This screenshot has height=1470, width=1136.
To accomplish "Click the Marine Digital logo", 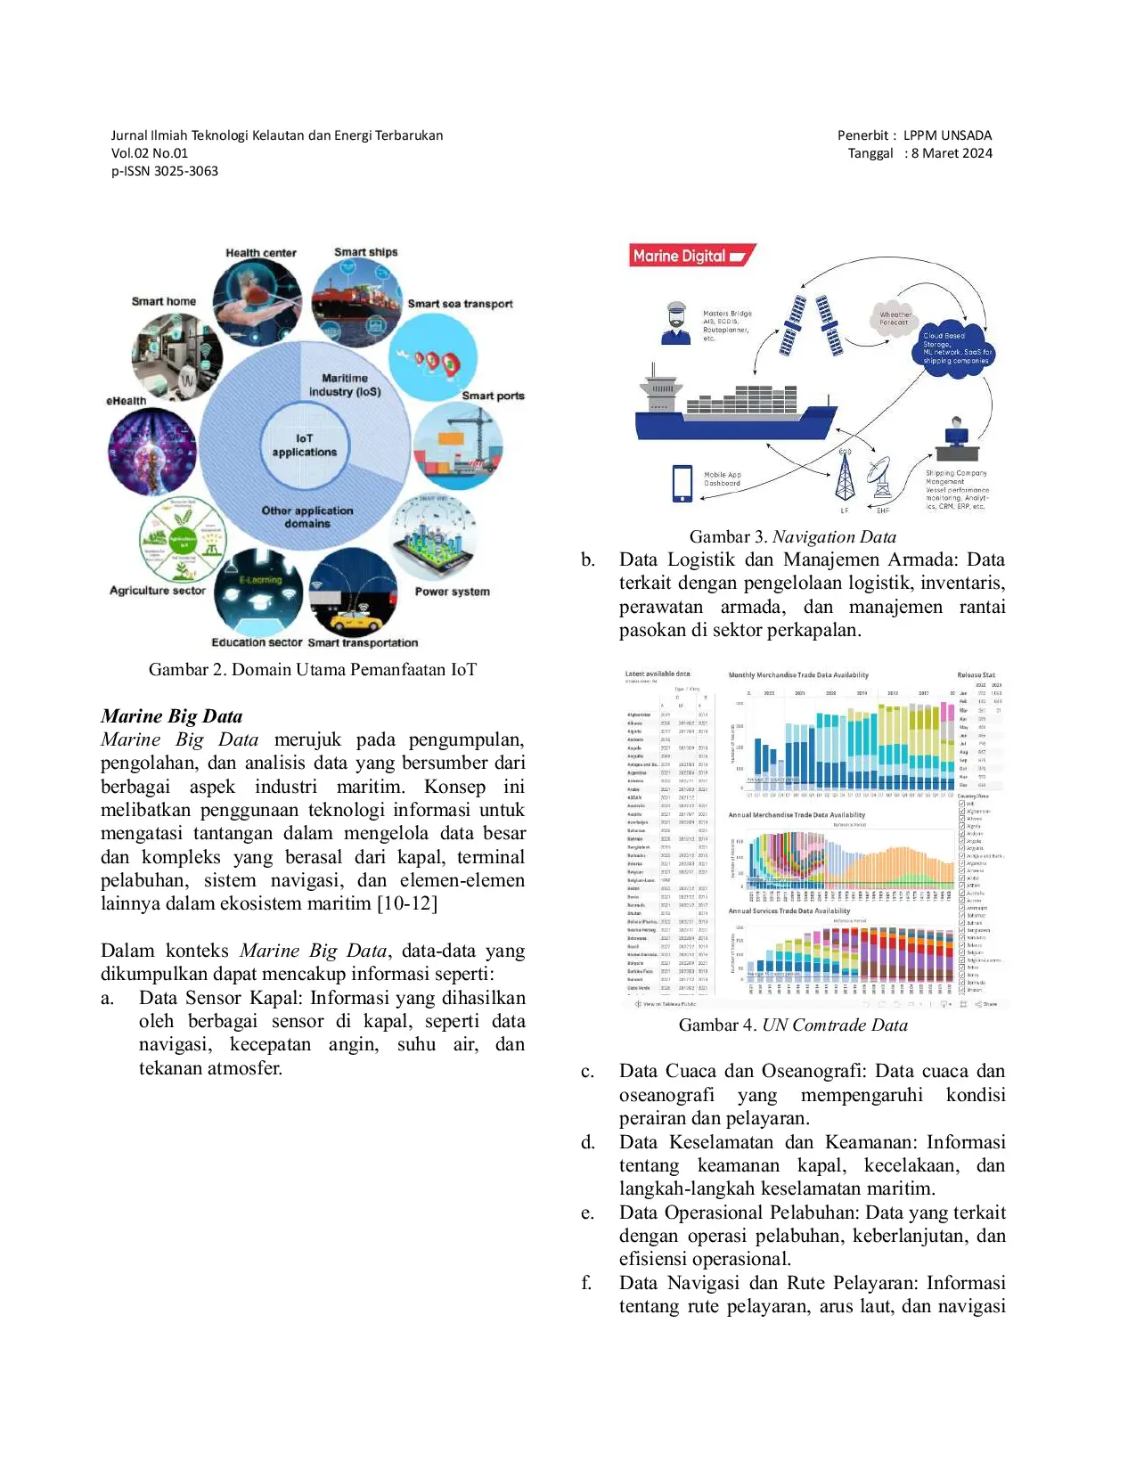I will (x=691, y=256).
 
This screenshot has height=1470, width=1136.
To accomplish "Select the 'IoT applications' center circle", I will (x=305, y=445).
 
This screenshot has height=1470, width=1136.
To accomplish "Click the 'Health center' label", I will (x=260, y=253).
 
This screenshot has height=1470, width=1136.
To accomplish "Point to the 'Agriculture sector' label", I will (x=158, y=591).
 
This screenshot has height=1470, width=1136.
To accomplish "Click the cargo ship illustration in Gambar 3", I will (x=735, y=406).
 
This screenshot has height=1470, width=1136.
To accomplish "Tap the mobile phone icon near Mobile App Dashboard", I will (x=682, y=483).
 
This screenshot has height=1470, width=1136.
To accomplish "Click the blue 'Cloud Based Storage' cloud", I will (x=955, y=348).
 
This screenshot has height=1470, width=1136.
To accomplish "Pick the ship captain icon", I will (x=676, y=323).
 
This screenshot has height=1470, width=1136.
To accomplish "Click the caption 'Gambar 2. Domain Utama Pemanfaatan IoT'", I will (x=312, y=670).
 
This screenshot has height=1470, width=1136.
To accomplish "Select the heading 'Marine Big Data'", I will (x=172, y=716).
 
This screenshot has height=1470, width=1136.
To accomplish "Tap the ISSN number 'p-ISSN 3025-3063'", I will (x=165, y=171).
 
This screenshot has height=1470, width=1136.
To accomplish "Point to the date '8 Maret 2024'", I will (x=951, y=153).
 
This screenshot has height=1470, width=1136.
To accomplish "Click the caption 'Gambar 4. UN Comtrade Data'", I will (x=792, y=1025).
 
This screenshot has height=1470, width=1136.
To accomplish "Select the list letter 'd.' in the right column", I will (x=588, y=1142).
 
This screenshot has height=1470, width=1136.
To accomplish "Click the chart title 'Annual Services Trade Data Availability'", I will (x=789, y=911).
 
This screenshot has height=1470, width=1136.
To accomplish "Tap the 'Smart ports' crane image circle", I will (x=458, y=445).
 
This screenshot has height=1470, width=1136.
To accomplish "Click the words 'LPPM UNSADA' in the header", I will (x=947, y=135).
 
